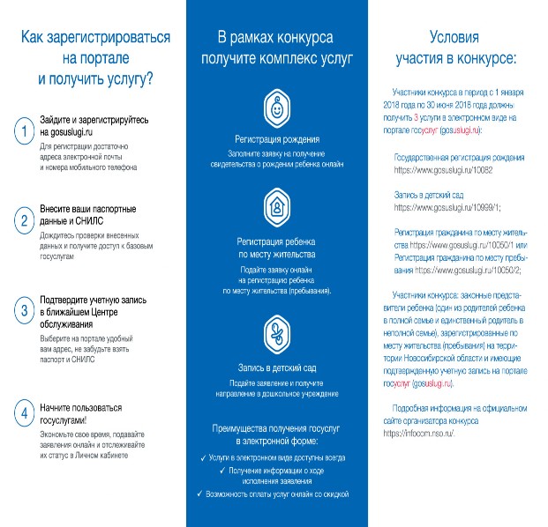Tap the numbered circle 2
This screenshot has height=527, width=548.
tap(23, 219)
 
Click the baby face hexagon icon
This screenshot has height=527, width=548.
tap(276, 110)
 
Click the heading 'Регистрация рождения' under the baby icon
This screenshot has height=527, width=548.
tap(276, 140)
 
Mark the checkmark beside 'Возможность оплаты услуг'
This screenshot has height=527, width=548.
tap(199, 494)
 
